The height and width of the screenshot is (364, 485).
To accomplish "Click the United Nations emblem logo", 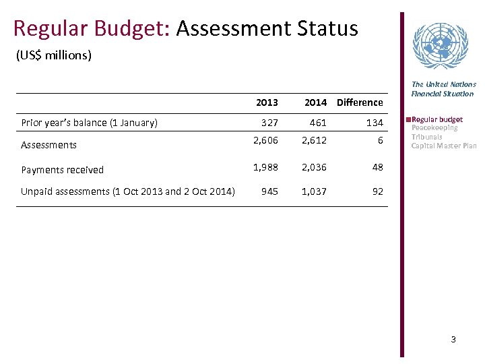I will pos(440,46).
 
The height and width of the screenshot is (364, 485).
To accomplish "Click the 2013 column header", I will pos(267,102).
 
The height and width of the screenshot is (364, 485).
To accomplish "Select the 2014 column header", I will pos(315,102).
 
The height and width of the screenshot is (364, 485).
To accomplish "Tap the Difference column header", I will pos(360,102).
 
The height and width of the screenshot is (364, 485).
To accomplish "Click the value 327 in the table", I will pos(269,123).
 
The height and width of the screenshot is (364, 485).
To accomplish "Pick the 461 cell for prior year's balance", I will pos(318,123).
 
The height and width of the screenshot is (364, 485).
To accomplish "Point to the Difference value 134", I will pos(375,123).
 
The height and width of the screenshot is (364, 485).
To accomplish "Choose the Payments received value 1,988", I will pos(265,167).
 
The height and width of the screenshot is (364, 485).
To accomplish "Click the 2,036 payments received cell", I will pos(314,167).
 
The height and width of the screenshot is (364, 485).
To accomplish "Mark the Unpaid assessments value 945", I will pos(269,191).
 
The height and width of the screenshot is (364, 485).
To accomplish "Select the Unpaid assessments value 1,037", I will pos(314,191).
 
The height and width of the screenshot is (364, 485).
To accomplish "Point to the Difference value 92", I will pos(377,191).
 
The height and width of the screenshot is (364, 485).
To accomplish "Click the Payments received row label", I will pos(63,170).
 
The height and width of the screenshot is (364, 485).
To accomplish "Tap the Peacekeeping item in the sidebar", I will pos(434,127).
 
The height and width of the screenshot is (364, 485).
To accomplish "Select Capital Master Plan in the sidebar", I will pos(444,146).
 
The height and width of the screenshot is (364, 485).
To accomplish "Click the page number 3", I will pos(453,340).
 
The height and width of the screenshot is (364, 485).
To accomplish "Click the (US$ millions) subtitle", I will pos(53,55).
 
